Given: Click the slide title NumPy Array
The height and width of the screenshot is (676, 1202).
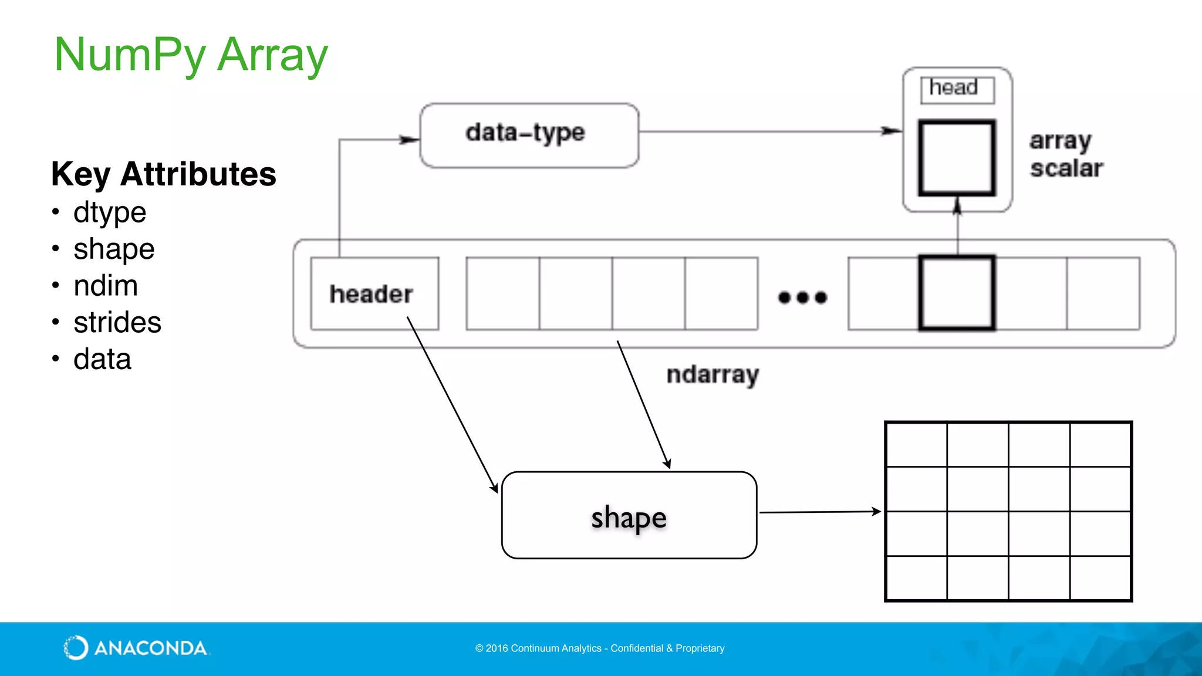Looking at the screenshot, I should click(x=191, y=55).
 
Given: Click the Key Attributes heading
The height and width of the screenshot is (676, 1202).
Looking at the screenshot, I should click(x=163, y=174).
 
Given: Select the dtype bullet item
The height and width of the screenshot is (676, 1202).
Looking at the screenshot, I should click(x=109, y=212).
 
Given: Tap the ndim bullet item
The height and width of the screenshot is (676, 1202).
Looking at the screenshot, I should click(x=106, y=286).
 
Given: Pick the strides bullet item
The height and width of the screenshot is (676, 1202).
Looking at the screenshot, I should click(x=117, y=323).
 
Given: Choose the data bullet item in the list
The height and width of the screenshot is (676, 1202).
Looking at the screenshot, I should click(x=102, y=359).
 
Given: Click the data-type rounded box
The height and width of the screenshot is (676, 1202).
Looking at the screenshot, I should click(x=529, y=136).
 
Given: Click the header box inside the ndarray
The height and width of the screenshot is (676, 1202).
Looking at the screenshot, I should click(x=374, y=293).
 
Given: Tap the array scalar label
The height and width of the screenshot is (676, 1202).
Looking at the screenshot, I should click(x=1066, y=154).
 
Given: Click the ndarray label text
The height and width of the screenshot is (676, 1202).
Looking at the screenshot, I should click(x=713, y=374).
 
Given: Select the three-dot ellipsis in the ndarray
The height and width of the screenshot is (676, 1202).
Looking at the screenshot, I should click(x=802, y=298).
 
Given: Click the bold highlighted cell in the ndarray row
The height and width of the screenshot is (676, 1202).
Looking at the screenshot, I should click(x=957, y=293).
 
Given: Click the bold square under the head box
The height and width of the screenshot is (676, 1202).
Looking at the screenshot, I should click(x=957, y=157).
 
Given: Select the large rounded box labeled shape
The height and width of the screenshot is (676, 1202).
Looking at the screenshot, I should click(x=629, y=515).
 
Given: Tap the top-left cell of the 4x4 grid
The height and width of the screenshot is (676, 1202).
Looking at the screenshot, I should click(x=916, y=445).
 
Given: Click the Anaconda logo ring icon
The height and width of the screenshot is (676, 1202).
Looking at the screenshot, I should click(x=76, y=648).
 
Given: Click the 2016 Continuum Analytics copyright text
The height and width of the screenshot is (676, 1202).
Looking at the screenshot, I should click(x=599, y=648).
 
